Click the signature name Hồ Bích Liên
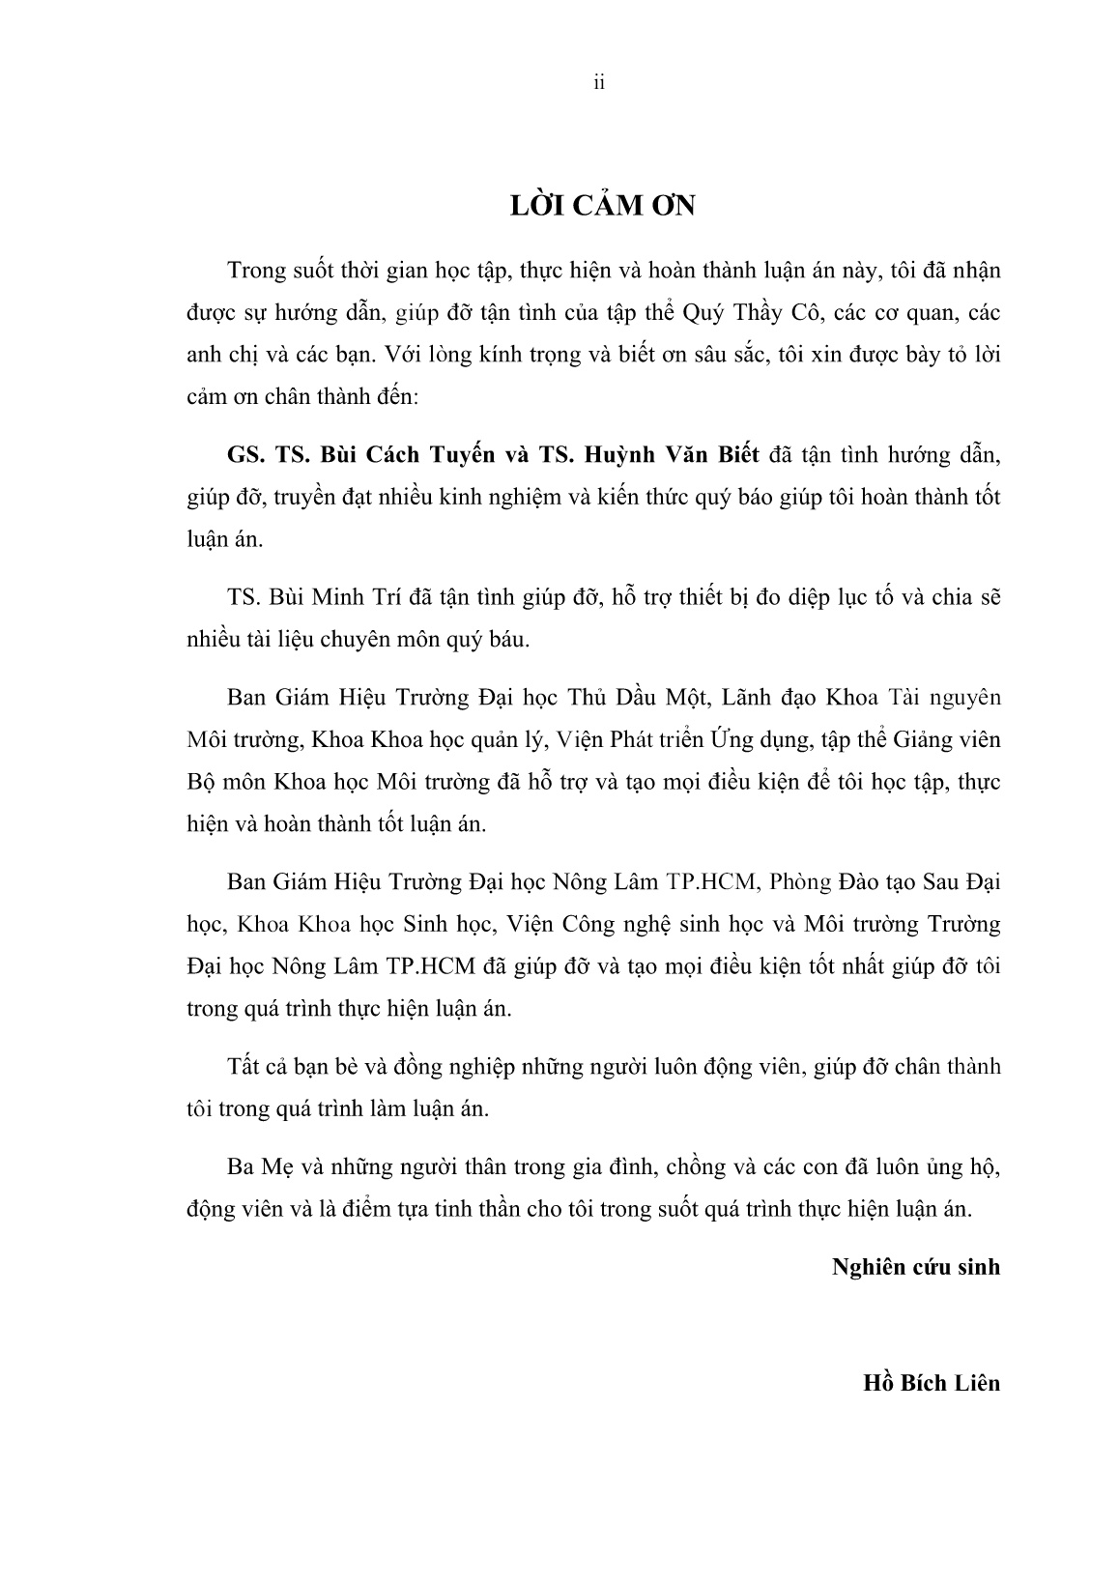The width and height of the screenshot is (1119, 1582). [x=932, y=1382]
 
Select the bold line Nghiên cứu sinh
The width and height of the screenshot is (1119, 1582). [x=916, y=1266]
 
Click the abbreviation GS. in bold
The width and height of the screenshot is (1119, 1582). [x=244, y=457]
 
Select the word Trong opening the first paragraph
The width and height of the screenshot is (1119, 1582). [x=256, y=270]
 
